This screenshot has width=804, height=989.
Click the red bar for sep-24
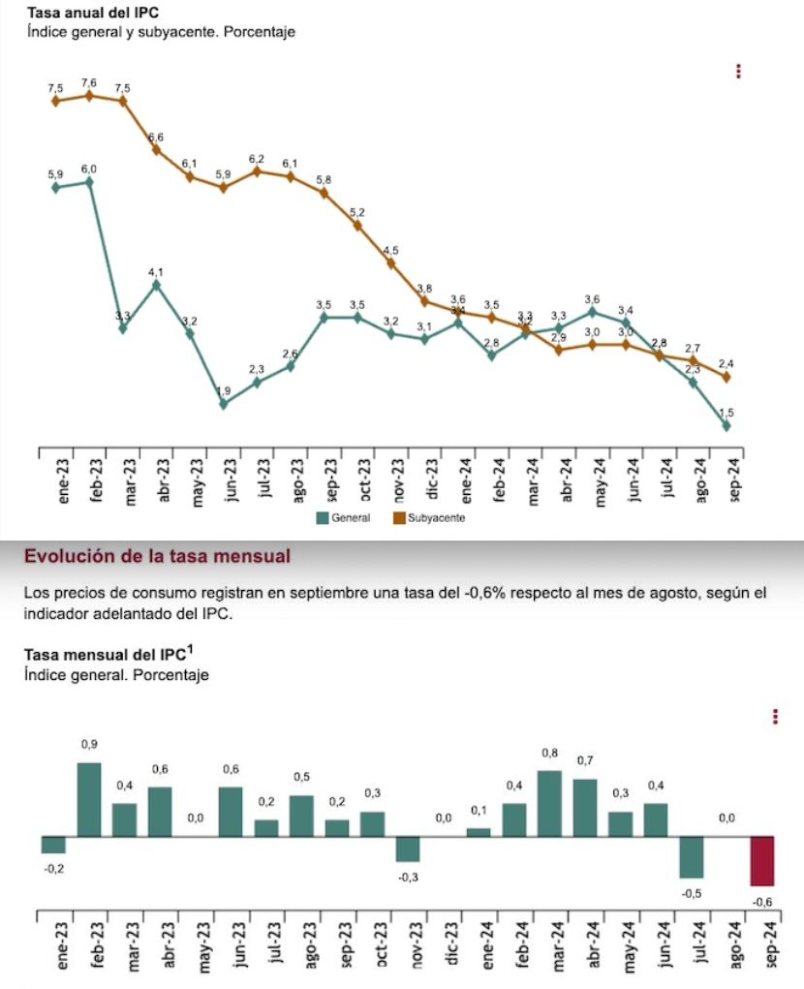click(x=763, y=860)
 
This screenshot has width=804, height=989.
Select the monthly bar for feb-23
click(x=89, y=799)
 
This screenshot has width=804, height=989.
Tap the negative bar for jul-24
click(x=692, y=856)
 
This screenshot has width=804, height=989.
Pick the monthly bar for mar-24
click(x=550, y=803)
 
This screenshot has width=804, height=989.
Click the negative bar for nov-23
click(x=409, y=849)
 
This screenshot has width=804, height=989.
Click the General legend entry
click(x=344, y=518)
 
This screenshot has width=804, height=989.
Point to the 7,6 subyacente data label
click(x=89, y=83)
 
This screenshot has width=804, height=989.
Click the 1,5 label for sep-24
click(x=727, y=413)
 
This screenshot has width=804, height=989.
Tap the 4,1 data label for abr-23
click(x=156, y=272)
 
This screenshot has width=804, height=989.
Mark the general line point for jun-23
click(x=224, y=404)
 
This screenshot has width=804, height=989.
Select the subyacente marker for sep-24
click(x=727, y=377)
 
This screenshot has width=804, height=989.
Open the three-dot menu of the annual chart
click(x=738, y=72)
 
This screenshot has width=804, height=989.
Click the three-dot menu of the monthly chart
click(x=776, y=716)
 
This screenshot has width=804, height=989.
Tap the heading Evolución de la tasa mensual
click(x=157, y=556)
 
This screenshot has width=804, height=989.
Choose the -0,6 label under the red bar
click(x=763, y=902)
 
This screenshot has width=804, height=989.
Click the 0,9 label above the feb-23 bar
click(x=89, y=744)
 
